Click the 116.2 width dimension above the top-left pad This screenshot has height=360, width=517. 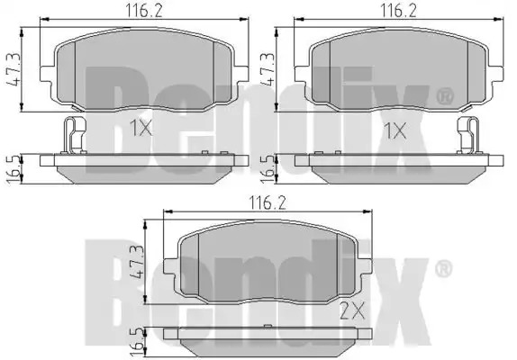[144, 12]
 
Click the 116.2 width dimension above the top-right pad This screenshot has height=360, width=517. [399, 12]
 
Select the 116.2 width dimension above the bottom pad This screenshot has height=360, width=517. [268, 203]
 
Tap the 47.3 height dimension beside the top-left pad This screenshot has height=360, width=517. [14, 69]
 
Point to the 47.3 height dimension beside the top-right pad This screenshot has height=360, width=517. [268, 69]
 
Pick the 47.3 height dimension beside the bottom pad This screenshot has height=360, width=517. [137, 262]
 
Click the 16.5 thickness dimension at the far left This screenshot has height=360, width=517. [14, 169]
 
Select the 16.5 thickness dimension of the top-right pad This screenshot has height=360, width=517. [268, 169]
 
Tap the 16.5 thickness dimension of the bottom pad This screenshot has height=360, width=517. [137, 343]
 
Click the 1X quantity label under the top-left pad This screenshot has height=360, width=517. [141, 128]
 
